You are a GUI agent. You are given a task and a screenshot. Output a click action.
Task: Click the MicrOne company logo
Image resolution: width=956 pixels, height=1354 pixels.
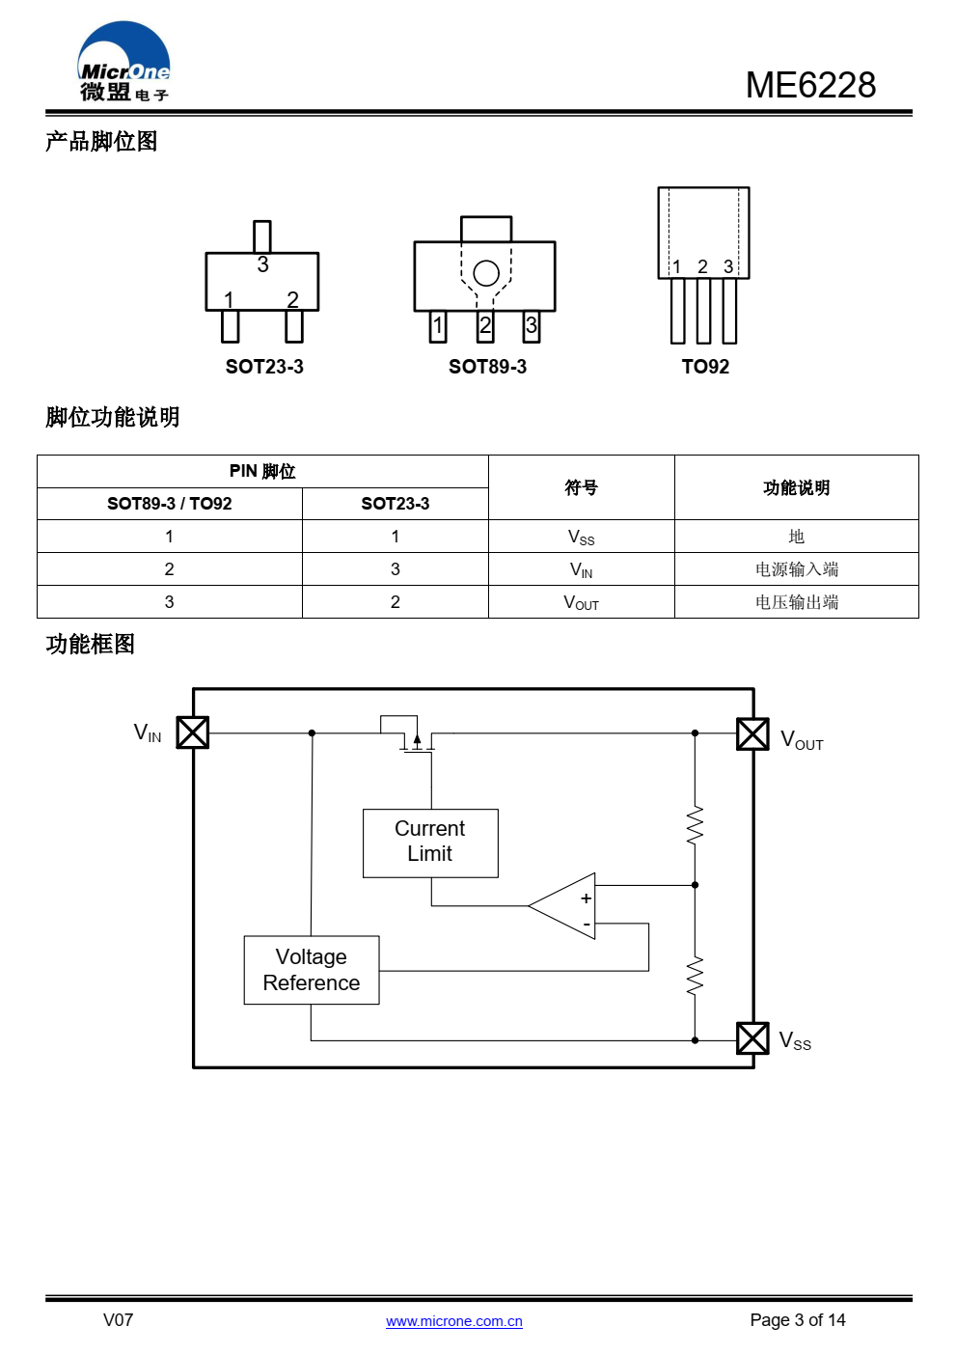pos(123,61)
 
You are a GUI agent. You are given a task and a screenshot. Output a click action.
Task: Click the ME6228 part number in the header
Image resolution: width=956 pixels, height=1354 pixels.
pos(810,85)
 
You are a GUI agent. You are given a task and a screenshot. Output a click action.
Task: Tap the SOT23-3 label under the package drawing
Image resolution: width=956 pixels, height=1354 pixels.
pos(264,367)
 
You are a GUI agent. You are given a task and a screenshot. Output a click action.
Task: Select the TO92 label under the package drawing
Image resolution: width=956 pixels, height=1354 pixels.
pos(705,367)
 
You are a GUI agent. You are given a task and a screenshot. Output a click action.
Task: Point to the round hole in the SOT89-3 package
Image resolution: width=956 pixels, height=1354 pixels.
pos(486,273)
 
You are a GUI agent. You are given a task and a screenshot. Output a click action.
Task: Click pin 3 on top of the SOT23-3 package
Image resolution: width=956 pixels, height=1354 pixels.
pos(262,237)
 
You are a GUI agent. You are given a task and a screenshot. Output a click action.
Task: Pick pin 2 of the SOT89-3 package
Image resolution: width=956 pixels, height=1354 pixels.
pos(485,326)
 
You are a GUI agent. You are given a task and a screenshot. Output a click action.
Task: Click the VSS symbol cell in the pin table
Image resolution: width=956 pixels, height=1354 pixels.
pos(582,537)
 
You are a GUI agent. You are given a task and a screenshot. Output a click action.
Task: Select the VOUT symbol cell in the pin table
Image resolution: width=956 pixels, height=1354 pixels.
pos(582,602)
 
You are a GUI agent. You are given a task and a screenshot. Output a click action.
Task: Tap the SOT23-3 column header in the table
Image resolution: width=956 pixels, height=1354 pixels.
pos(396,504)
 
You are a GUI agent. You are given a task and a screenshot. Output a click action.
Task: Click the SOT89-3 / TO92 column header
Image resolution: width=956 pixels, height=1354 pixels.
pos(169,504)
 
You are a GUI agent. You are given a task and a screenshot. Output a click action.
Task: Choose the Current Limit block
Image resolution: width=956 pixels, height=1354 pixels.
pos(430,843)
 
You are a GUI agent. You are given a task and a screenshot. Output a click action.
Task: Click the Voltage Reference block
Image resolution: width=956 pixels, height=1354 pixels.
pos(312,970)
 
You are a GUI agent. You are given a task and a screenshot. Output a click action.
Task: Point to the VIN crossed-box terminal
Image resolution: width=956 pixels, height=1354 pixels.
pos(192,732)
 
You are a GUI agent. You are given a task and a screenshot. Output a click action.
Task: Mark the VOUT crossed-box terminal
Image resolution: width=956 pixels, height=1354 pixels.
pos(752,733)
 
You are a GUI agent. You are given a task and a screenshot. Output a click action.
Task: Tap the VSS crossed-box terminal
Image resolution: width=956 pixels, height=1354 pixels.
pos(752,1038)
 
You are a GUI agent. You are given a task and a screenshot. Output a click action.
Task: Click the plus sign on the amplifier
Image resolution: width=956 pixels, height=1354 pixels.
pos(586,898)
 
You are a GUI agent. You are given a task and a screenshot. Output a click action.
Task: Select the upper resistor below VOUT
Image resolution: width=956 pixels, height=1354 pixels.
pos(695,824)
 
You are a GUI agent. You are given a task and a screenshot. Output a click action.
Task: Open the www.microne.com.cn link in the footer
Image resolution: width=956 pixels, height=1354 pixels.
pos(453,1321)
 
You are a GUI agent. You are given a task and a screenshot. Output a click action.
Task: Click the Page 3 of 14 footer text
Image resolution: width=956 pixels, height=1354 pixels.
pos(797,1320)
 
